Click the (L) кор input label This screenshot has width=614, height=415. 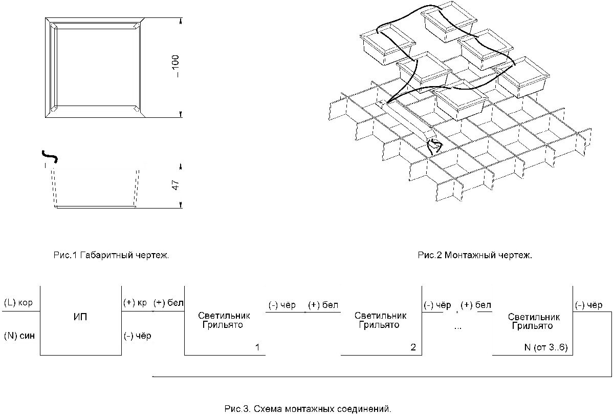click(x=18, y=303)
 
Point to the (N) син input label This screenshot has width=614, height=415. click(x=18, y=336)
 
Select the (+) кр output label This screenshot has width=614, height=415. click(x=135, y=303)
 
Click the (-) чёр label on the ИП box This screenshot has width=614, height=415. click(x=137, y=336)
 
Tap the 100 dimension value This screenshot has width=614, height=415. click(x=177, y=66)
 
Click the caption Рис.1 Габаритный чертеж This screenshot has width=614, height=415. click(x=111, y=255)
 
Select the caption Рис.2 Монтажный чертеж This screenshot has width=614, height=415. click(x=475, y=255)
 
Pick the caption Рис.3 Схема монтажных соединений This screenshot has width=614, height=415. click(x=308, y=409)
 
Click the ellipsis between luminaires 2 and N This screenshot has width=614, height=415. click(x=457, y=327)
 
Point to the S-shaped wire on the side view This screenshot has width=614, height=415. click(x=49, y=154)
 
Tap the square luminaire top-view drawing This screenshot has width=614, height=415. click(x=95, y=67)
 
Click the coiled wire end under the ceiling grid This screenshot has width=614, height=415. click(x=434, y=146)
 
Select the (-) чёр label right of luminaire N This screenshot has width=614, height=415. click(x=589, y=305)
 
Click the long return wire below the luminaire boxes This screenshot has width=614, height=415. click(x=379, y=377)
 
